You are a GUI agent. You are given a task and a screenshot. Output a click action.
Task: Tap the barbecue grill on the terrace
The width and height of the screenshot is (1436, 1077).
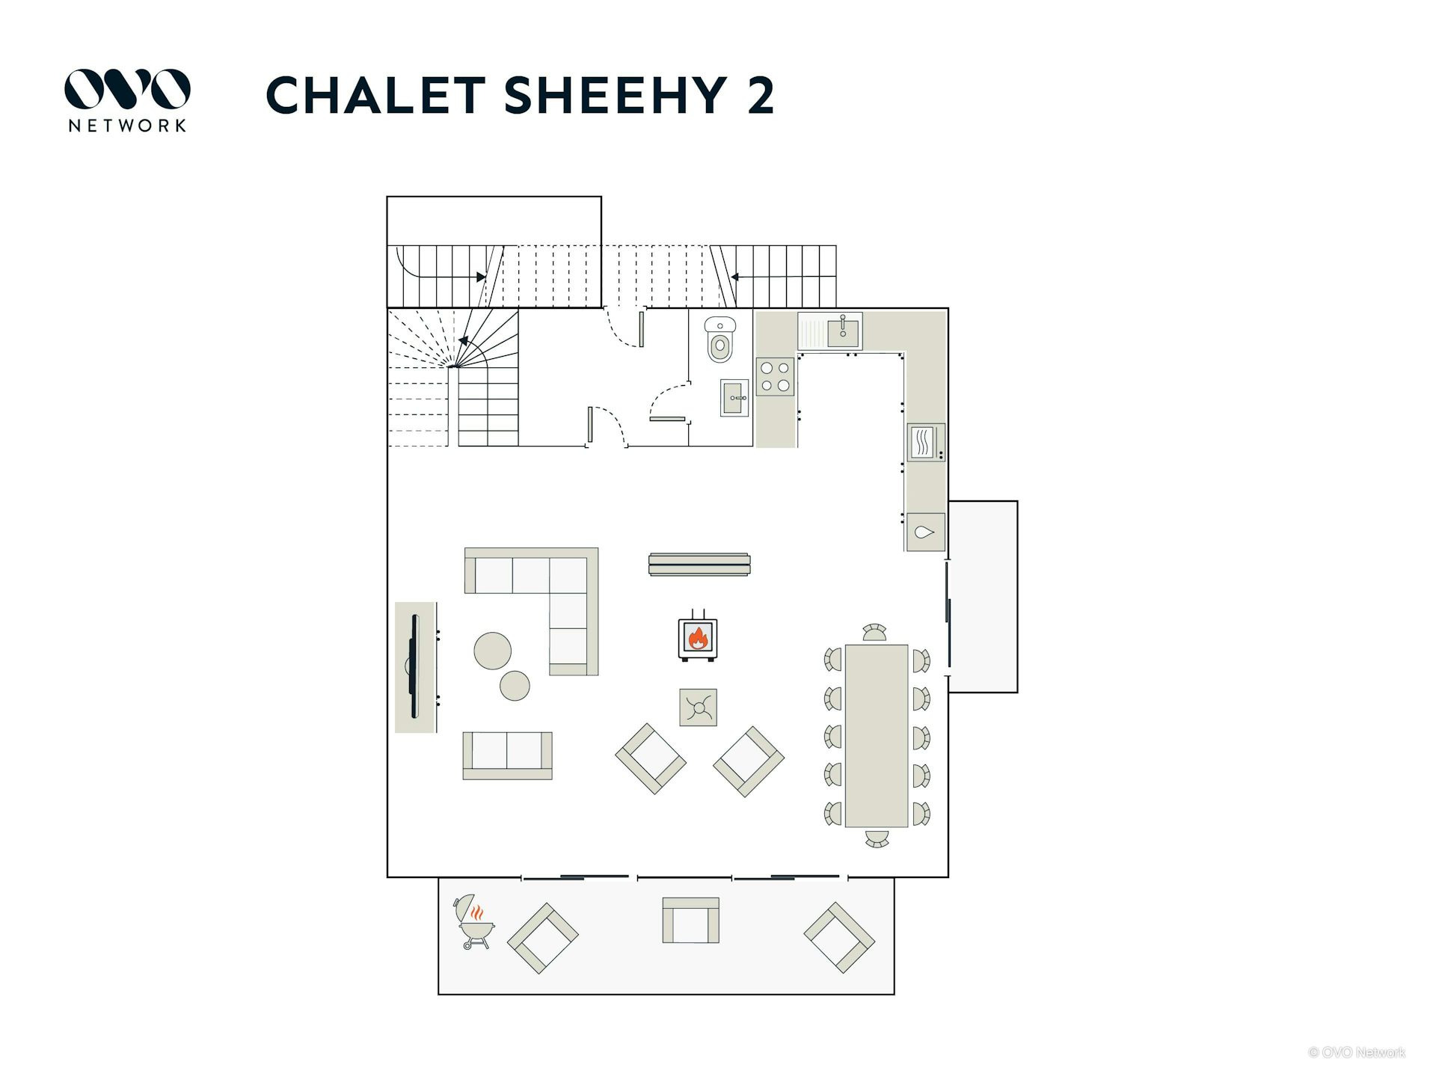473,921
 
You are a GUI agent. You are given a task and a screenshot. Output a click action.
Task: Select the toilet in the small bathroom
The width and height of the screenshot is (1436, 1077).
720,339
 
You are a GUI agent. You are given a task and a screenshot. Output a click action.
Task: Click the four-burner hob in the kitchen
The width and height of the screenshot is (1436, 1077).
775,377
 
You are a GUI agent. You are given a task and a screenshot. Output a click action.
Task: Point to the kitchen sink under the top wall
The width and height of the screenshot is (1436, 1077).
830,331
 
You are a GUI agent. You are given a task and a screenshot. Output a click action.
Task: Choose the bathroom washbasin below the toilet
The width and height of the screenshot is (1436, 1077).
734,397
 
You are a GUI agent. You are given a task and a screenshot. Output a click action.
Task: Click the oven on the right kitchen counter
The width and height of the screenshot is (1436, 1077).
926,443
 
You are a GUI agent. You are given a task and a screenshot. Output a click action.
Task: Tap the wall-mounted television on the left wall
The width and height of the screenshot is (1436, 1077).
414,666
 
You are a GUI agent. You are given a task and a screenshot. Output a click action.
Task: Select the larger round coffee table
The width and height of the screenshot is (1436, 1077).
493,651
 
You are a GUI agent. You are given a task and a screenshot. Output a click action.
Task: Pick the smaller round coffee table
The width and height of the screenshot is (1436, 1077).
515,685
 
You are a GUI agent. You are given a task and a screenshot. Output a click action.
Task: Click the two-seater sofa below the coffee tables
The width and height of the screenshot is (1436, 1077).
507,755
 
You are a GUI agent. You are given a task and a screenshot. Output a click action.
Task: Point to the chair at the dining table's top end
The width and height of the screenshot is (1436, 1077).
874,633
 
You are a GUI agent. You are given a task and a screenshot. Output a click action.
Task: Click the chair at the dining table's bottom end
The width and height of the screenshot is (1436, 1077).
877,838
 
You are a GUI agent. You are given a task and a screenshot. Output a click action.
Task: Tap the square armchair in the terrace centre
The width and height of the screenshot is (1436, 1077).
690,921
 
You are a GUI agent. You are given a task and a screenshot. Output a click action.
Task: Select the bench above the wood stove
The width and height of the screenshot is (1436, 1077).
699,565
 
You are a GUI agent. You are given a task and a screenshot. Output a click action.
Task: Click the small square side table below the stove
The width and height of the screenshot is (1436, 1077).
698,708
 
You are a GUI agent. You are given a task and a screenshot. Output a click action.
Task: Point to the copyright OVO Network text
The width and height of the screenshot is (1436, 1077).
1357,1052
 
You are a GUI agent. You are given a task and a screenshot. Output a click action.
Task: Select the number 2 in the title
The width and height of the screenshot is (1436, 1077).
761,95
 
